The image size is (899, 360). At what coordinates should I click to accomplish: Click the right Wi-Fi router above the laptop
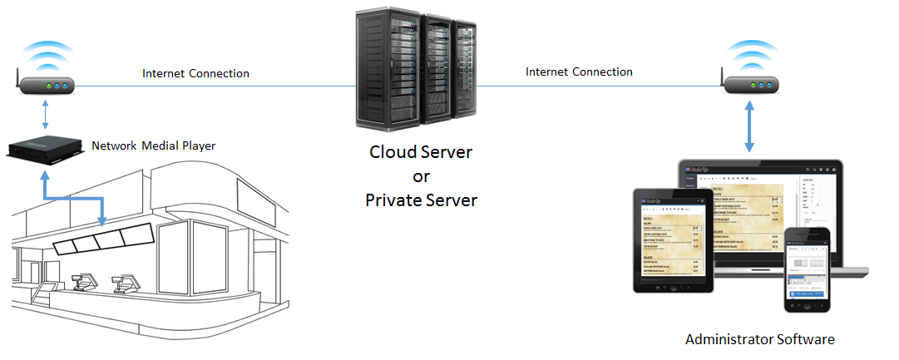751,86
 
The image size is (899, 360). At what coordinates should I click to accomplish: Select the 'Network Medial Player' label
153,145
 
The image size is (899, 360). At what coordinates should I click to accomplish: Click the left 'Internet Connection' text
195,73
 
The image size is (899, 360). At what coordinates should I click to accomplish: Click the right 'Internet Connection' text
579,72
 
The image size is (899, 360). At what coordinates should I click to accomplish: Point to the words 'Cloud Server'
421,153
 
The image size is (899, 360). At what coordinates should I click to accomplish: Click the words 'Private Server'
421,200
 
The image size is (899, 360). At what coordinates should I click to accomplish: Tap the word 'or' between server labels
421,176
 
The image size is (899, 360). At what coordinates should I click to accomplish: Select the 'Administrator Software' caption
759,339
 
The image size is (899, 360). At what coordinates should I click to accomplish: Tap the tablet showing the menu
670,241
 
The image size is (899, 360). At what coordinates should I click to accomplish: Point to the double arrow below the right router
751,126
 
